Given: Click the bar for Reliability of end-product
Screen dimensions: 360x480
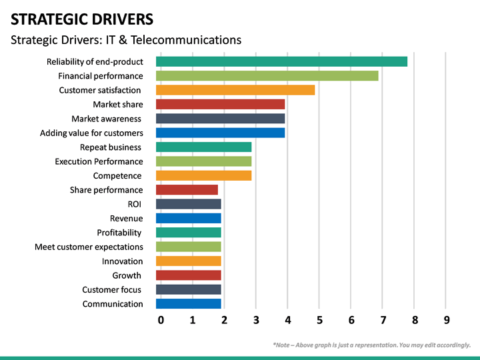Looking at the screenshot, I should click(281, 61).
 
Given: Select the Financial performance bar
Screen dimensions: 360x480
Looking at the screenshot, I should click(267, 76).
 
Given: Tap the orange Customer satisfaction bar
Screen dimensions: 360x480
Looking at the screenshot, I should click(235, 90).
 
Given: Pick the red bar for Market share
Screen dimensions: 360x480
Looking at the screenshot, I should click(220, 104).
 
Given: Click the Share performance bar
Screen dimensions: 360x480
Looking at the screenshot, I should click(187, 190).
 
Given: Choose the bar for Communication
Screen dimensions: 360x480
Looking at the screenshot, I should click(188, 304).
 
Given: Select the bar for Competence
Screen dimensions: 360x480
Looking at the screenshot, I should click(203, 175).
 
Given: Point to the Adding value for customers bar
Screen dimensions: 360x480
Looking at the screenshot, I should click(220, 133).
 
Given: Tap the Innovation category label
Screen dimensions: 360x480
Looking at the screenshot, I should click(122, 261).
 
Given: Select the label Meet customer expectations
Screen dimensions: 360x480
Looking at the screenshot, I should click(89, 247).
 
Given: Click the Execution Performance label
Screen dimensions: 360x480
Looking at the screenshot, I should click(99, 161).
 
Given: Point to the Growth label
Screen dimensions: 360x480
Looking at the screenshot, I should click(127, 275).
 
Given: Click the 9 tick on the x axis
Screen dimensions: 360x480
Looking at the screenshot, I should click(447, 320).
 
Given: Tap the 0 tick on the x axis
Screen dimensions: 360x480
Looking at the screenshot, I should click(161, 320).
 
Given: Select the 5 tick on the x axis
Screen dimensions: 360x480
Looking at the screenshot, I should click(319, 320).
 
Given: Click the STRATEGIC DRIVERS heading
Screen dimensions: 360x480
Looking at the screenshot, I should click(81, 19).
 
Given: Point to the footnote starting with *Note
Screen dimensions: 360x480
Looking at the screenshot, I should click(371, 345).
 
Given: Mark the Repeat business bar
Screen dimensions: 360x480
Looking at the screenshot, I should click(203, 147).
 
